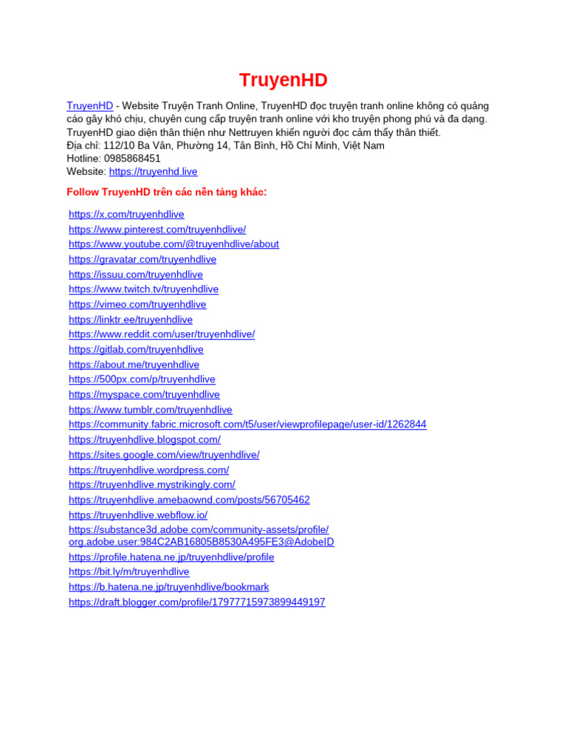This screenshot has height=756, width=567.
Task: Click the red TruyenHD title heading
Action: pos(283,80)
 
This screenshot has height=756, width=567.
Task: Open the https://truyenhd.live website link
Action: pos(153,172)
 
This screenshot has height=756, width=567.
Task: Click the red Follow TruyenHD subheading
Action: pos(166,193)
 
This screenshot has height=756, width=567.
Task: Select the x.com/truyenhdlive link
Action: pos(126,215)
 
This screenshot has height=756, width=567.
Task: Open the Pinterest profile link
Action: pos(157,230)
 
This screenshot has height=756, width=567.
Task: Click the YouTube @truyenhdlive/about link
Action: pos(173,244)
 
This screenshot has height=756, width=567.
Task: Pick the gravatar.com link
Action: pos(142,260)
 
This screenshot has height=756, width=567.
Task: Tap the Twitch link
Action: pos(143,289)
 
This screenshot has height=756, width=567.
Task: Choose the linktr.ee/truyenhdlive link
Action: pos(131,320)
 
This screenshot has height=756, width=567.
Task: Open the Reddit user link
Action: pos(162,334)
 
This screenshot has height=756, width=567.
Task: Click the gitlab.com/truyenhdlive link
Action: pos(136,350)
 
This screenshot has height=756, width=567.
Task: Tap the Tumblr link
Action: pos(151,410)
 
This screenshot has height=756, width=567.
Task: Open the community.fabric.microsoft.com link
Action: pos(247,425)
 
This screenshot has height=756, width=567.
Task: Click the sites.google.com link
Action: pos(164,455)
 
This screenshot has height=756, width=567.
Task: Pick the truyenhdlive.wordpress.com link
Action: pos(148,470)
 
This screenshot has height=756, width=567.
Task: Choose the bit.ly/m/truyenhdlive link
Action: pos(129,572)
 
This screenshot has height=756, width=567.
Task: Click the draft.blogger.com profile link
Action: pos(196,602)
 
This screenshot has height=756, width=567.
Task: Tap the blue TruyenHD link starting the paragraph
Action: pos(89,106)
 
